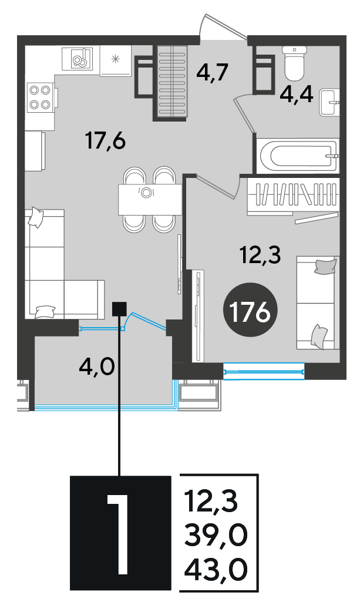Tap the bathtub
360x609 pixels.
coord(298,156)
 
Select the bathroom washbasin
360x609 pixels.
coord(329,102)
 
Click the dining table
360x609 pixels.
coord(150,199)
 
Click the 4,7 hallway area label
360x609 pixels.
coord(211,72)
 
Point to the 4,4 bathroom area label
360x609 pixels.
coord(297,94)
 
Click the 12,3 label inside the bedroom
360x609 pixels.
coord(260,255)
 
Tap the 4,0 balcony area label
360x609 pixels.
coord(96,366)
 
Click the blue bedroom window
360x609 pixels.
coord(264,371)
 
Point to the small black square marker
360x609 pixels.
coord(119,309)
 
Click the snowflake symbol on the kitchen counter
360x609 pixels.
coord(115,59)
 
